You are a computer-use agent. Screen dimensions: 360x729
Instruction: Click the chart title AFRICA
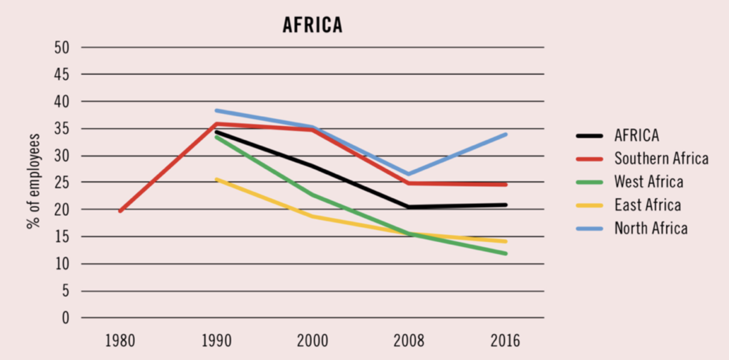[313, 26]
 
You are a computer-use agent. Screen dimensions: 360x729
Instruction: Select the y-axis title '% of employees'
[34, 181]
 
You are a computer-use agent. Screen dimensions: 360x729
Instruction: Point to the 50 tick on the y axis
[62, 47]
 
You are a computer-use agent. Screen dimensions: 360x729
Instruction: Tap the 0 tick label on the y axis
[65, 318]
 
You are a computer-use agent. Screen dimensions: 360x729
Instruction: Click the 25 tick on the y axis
[62, 183]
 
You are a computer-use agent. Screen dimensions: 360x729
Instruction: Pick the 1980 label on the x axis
[120, 341]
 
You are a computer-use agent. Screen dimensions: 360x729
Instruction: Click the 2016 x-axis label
[505, 341]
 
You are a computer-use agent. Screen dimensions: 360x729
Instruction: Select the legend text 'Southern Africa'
[661, 158]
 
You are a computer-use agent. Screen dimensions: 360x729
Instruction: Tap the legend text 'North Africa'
[650, 228]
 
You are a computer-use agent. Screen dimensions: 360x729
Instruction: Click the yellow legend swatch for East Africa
[589, 206]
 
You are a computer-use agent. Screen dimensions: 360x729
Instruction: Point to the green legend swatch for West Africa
[589, 182]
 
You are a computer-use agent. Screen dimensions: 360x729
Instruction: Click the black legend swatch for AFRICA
[589, 136]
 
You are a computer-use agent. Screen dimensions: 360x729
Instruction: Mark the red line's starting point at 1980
[120, 211]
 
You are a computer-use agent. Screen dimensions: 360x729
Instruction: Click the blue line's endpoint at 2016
[505, 134]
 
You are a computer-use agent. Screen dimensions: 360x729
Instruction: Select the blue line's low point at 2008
[408, 174]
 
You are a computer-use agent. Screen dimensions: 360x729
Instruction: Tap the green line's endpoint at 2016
[505, 253]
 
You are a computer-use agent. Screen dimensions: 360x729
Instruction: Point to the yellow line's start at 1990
[216, 179]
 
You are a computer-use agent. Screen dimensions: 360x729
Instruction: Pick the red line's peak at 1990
[216, 124]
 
